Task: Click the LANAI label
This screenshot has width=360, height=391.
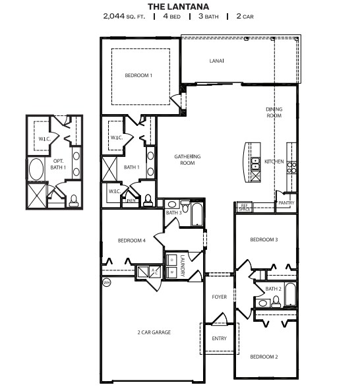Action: tap(217, 61)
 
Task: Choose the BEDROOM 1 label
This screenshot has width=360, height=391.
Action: tap(138, 75)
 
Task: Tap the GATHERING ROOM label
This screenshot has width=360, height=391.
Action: tap(187, 159)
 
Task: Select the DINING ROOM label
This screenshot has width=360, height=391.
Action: tap(274, 112)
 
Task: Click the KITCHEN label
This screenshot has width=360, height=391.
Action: tap(274, 162)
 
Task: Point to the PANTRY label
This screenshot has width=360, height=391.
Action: tap(286, 203)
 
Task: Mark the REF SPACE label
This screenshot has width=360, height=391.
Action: tap(244, 206)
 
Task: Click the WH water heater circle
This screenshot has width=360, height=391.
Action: tap(106, 283)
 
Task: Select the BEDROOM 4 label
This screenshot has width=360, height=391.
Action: tap(131, 240)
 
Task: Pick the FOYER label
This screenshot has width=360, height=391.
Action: tap(219, 297)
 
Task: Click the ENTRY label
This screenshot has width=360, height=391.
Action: tap(218, 338)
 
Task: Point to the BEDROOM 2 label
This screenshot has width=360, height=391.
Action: tap(264, 357)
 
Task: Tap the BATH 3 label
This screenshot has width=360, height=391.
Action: tap(173, 212)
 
